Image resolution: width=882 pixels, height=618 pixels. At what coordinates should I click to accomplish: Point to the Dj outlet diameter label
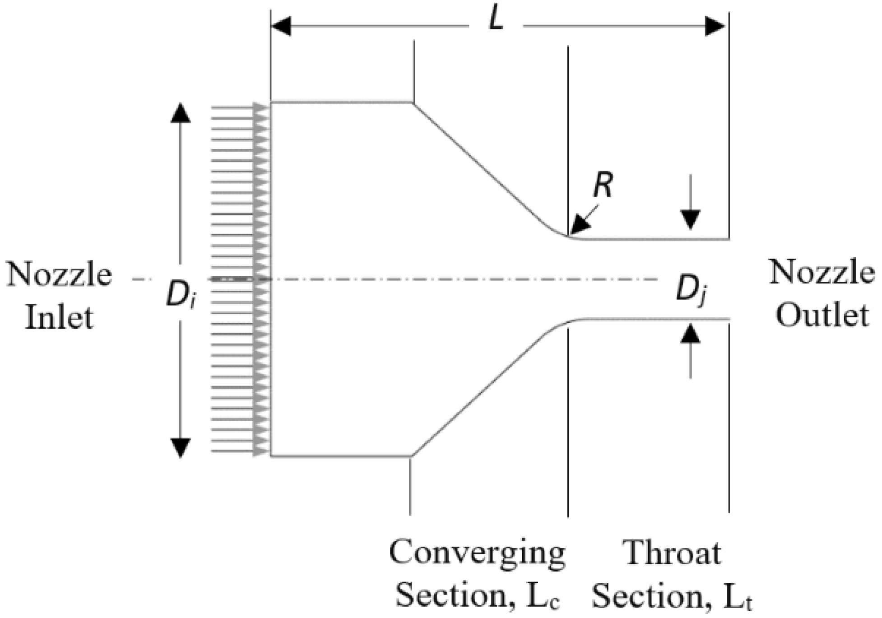coord(691,290)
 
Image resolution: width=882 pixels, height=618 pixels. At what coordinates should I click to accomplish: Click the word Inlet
coord(59,317)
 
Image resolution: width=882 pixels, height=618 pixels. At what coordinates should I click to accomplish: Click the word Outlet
coord(822,315)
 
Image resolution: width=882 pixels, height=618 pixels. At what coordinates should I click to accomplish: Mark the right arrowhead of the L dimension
coord(715,26)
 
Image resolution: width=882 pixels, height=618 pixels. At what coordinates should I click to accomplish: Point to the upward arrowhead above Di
coord(181,113)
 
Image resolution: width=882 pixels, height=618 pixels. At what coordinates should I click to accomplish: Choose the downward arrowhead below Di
coord(181,447)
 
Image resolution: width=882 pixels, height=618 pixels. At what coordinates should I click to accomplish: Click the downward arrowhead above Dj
coord(691,220)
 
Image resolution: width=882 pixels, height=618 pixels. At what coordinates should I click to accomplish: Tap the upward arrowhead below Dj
coord(691,334)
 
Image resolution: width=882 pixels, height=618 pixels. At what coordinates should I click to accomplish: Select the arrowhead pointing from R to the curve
coord(579,226)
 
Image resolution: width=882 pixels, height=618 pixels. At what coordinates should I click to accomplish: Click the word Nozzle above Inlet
coord(59,274)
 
